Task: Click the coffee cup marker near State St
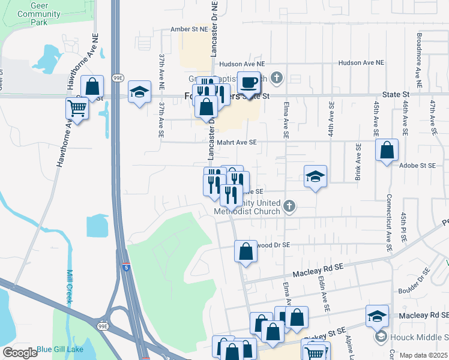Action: click(249, 82)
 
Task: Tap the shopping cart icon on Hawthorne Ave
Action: click(77, 109)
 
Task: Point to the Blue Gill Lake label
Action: click(60, 349)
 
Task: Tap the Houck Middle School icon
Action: click(381, 337)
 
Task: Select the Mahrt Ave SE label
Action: click(237, 142)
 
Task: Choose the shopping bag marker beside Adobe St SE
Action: click(387, 150)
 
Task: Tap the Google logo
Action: click(20, 353)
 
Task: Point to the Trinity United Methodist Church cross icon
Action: click(289, 206)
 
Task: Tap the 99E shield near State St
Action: click(117, 79)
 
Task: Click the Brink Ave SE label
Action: click(358, 162)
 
